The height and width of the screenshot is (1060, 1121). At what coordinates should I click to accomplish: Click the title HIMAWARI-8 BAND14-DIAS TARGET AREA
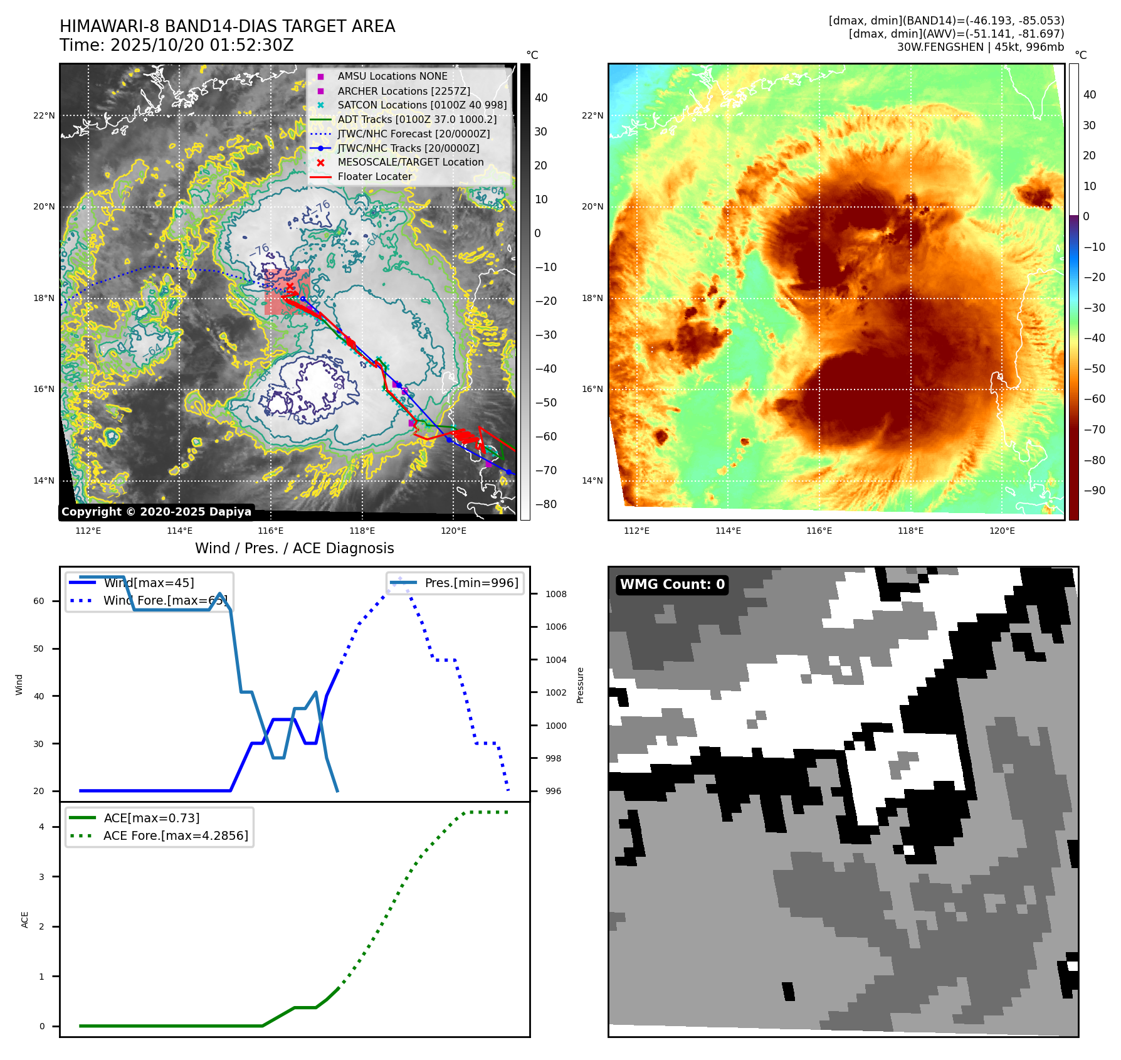click(x=227, y=26)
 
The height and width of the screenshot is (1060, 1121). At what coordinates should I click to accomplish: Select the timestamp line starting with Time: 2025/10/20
click(x=176, y=45)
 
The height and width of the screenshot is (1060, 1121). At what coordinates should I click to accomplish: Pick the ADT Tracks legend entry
click(x=417, y=119)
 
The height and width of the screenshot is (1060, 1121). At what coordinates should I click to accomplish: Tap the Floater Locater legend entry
click(x=374, y=176)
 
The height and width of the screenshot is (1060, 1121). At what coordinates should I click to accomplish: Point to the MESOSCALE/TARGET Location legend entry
click(x=410, y=162)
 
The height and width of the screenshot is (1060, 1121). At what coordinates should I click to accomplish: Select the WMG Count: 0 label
click(x=672, y=585)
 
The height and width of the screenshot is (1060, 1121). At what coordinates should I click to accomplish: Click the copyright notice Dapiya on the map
click(x=156, y=511)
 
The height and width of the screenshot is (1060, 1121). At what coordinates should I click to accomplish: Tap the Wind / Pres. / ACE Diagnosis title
click(x=294, y=548)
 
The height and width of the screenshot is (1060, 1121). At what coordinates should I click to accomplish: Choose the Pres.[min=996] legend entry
click(x=471, y=583)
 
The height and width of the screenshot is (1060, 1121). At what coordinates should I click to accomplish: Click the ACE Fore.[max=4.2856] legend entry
click(x=176, y=835)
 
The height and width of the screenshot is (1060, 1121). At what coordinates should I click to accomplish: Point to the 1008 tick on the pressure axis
click(x=555, y=594)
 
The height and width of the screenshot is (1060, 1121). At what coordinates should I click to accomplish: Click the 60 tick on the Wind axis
click(x=39, y=601)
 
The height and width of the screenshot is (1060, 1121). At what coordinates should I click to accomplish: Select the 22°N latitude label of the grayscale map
click(x=44, y=115)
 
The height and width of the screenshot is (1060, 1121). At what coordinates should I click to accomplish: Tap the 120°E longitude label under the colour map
click(x=1002, y=531)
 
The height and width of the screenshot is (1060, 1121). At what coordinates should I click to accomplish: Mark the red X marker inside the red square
click(x=290, y=287)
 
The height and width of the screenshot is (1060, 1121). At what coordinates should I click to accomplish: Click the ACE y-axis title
click(x=25, y=920)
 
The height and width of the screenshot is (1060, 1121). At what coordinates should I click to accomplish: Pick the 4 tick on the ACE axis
click(x=41, y=827)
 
